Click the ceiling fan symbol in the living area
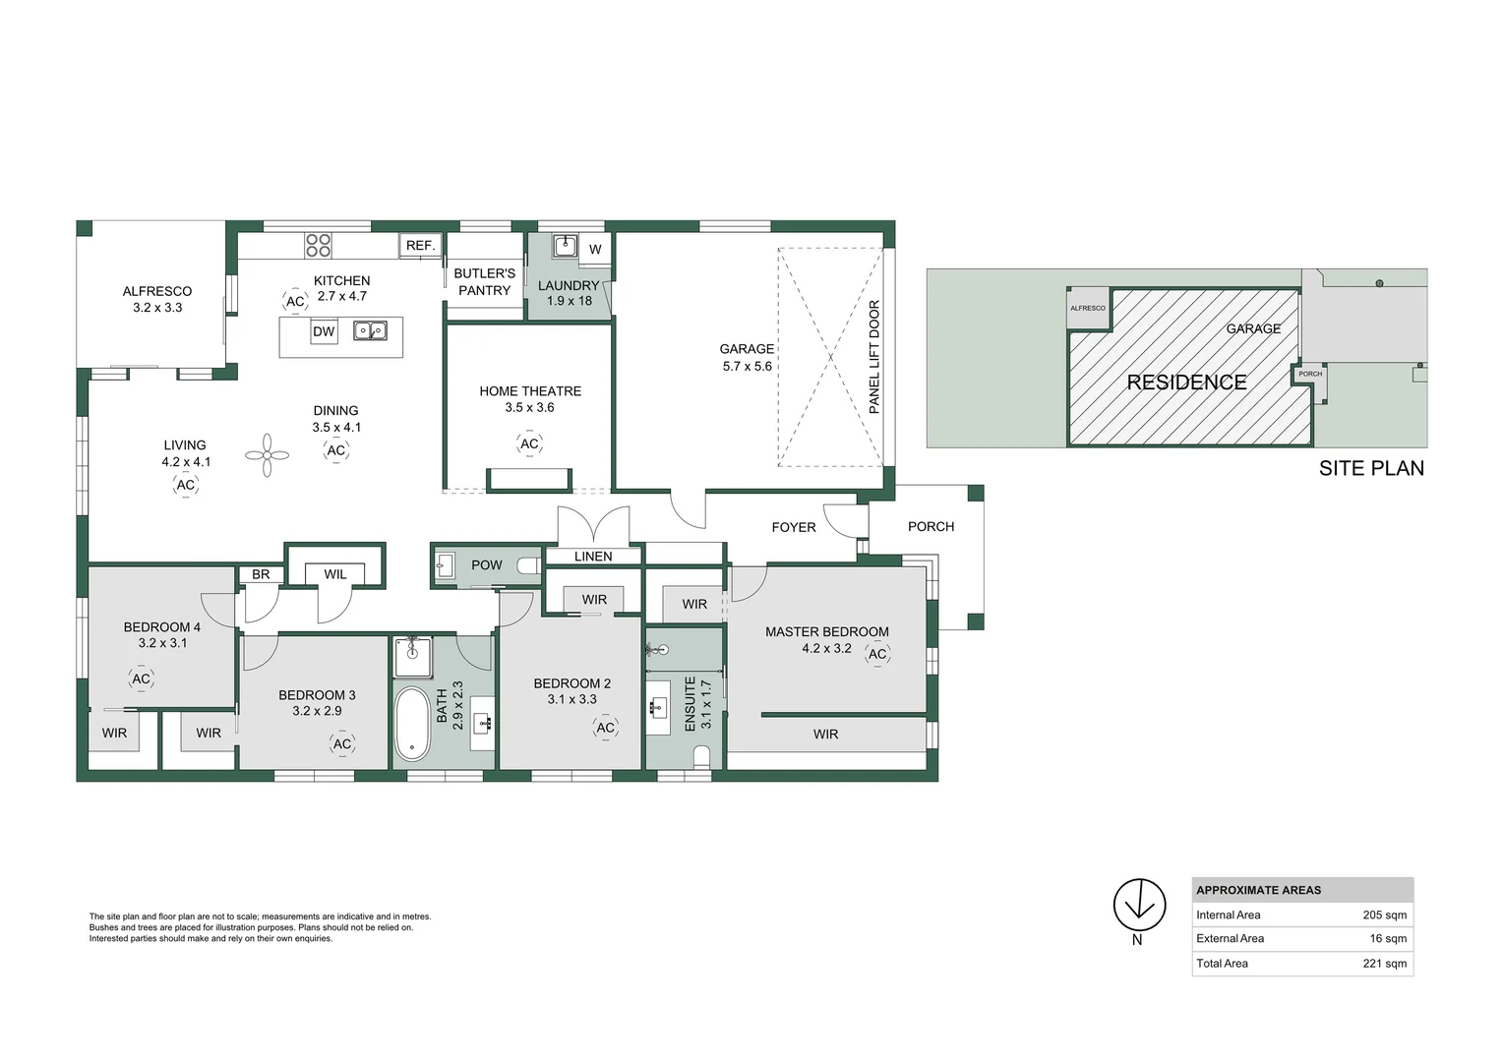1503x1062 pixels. pyautogui.click(x=267, y=455)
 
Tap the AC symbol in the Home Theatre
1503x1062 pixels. pyautogui.click(x=529, y=444)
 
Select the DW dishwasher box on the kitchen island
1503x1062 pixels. pyautogui.click(x=324, y=332)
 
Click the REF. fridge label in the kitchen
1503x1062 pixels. pyautogui.click(x=420, y=246)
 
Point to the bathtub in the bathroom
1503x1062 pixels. pyautogui.click(x=411, y=724)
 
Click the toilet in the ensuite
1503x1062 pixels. pyautogui.click(x=702, y=756)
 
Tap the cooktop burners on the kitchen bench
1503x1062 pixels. pyautogui.click(x=318, y=245)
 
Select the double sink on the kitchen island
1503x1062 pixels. pyautogui.click(x=370, y=331)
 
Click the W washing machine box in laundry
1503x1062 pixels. pyautogui.click(x=595, y=249)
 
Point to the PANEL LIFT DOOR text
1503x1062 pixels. pyautogui.click(x=874, y=357)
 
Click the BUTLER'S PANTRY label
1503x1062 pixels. pyautogui.click(x=484, y=282)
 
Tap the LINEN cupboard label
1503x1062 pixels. pyautogui.click(x=593, y=557)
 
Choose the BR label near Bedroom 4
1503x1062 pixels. pyautogui.click(x=261, y=574)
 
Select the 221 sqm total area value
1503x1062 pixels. pyautogui.click(x=1384, y=964)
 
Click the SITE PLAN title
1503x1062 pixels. pyautogui.click(x=1371, y=469)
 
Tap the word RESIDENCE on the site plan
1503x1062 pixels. pyautogui.click(x=1186, y=383)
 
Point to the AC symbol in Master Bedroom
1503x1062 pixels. pyautogui.click(x=877, y=654)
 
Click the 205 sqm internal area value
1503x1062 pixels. pyautogui.click(x=1384, y=915)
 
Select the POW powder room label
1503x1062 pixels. pyautogui.click(x=486, y=565)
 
